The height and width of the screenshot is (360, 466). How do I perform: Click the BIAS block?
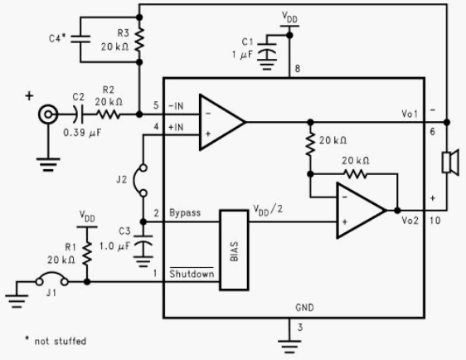pyautogui.click(x=234, y=250)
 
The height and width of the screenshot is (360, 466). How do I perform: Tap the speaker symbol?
pyautogui.click(x=450, y=162)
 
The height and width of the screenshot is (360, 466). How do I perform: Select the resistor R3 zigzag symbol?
pyautogui.click(x=139, y=40)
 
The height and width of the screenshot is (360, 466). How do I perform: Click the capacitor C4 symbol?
pyautogui.click(x=80, y=39)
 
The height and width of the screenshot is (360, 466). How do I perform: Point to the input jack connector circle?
pyautogui.click(x=48, y=114)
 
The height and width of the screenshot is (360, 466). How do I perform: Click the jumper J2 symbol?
pyautogui.click(x=140, y=181)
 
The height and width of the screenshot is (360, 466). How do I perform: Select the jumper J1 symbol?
pyautogui.click(x=52, y=279)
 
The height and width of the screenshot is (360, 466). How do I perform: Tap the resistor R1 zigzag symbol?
pyautogui.click(x=87, y=253)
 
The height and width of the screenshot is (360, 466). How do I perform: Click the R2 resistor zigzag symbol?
pyautogui.click(x=108, y=114)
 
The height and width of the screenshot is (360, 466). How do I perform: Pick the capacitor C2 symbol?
pyautogui.click(x=78, y=114)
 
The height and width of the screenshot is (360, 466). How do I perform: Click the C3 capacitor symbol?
pyautogui.click(x=143, y=241)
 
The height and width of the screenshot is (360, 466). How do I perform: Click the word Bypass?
pyautogui.click(x=185, y=213)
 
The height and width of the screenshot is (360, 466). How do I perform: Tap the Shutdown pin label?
pyautogui.click(x=192, y=273)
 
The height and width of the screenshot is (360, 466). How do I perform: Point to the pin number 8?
pyautogui.click(x=297, y=69)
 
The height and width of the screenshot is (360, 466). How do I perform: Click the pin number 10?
pyautogui.click(x=434, y=221)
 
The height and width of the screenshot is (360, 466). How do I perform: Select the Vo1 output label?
pyautogui.click(x=410, y=114)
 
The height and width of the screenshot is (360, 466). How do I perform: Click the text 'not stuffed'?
pyautogui.click(x=61, y=341)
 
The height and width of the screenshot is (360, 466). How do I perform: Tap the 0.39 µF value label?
pyautogui.click(x=82, y=133)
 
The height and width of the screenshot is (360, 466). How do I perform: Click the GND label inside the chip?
pyautogui.click(x=304, y=308)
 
